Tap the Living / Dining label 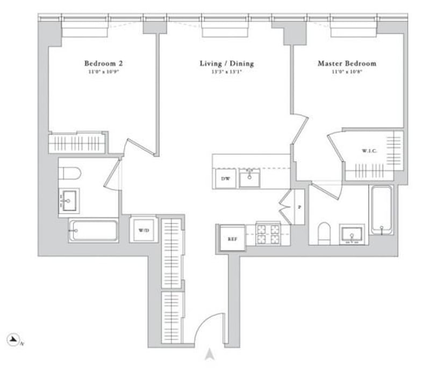pos(226,64)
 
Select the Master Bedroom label pos(347,64)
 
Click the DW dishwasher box pos(225,179)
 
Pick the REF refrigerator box pos(232,238)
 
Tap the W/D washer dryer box pos(144,230)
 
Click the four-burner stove pos(268,234)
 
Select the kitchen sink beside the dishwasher pos(249,178)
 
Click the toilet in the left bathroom pos(70,173)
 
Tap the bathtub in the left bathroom pos(92,230)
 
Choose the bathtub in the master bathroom pos(382,210)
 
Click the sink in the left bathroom pos(69,202)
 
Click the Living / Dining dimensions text pos(226,72)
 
